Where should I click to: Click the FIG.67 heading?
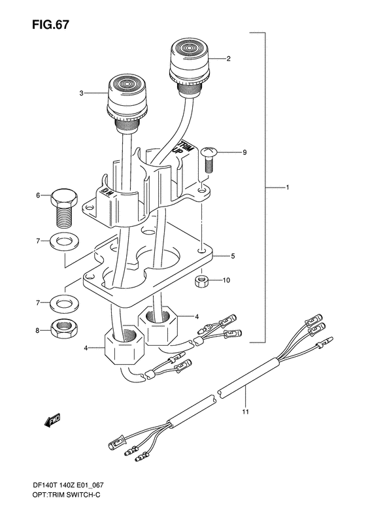(51, 25)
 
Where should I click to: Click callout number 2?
(238, 59)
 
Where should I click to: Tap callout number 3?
(82, 93)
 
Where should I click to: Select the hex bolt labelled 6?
(64, 208)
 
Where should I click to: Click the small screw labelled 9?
(207, 161)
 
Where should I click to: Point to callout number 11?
(246, 412)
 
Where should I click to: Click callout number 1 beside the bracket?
(288, 188)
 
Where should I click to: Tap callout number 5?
(233, 256)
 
